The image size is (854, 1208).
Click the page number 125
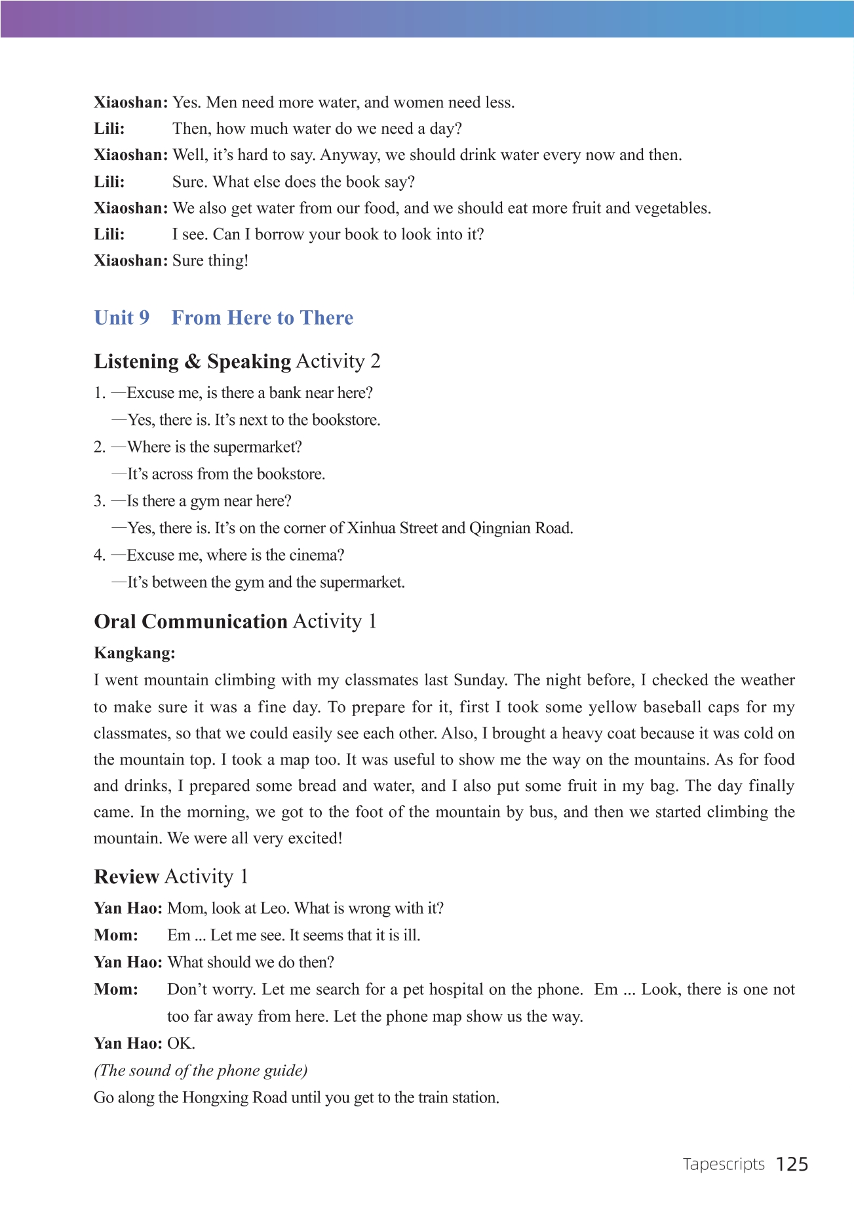pos(792,1164)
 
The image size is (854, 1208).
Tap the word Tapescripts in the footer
pos(724,1164)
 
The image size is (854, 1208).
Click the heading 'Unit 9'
pos(122,318)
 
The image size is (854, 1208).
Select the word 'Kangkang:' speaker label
pos(134,653)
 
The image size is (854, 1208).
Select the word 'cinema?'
pos(317,555)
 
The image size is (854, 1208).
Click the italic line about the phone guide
pos(201,1071)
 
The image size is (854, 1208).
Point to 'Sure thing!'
pos(210,261)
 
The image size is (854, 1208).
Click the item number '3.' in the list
pos(100,502)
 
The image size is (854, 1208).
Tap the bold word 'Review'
pos(126,877)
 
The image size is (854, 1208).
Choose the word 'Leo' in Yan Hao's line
pos(274,908)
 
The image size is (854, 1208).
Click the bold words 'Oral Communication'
pos(191,622)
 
